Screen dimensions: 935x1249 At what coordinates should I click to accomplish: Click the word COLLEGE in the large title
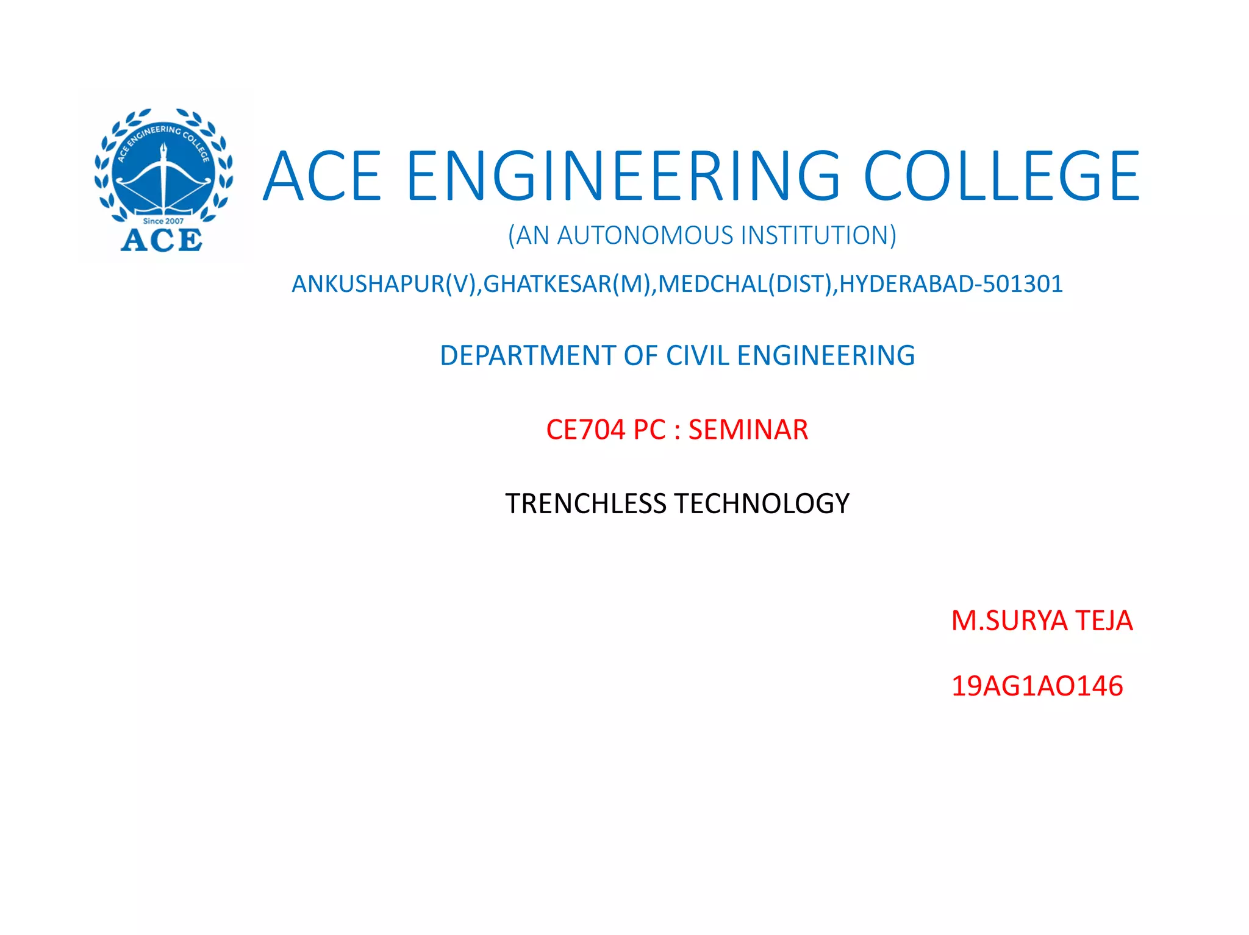tap(1001, 176)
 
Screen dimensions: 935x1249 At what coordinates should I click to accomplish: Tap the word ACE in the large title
tap(323, 176)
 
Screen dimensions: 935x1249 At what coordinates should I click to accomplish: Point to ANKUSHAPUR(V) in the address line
tap(385, 284)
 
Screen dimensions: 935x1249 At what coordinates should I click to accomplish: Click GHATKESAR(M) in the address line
tap(567, 284)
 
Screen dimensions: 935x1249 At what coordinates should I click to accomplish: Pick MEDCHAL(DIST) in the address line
tap(745, 284)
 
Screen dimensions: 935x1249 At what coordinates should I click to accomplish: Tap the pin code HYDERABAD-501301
tap(951, 284)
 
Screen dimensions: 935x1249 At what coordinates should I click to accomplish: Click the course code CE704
tap(585, 430)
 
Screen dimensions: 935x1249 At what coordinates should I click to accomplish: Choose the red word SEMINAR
tap(748, 430)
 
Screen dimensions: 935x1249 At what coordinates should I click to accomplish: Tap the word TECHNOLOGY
tap(762, 504)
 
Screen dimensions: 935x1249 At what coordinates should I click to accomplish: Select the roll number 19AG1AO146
tap(1037, 686)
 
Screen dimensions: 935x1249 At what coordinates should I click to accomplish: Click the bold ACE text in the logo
tap(162, 240)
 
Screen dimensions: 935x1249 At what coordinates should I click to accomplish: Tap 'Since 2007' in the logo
tap(163, 221)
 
